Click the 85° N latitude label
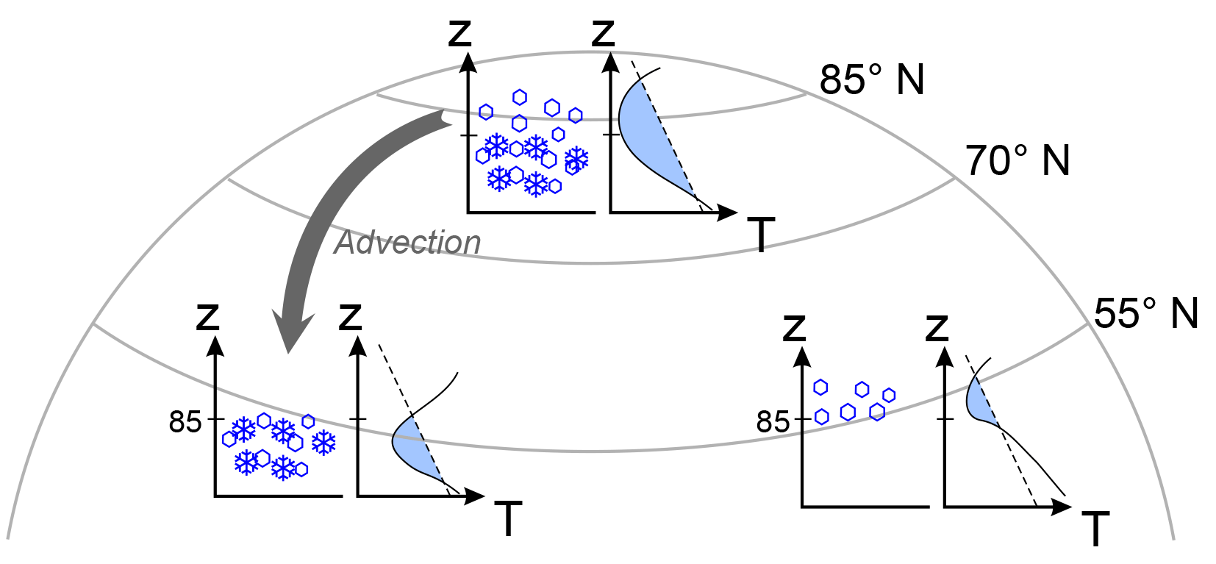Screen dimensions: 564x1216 [872, 79]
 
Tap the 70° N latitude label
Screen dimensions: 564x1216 [1017, 160]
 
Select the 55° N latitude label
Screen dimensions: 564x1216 [1145, 313]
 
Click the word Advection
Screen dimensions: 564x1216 [407, 243]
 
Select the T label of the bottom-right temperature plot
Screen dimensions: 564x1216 [1095, 529]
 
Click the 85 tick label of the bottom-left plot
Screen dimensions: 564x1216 [185, 422]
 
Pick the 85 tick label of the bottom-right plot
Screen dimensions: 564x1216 [772, 422]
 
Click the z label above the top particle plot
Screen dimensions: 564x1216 [459, 33]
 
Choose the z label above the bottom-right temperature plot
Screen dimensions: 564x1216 [937, 327]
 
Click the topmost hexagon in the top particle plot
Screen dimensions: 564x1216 [520, 97]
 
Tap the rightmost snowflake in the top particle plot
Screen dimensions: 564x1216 [576, 159]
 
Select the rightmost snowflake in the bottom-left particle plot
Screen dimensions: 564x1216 [323, 443]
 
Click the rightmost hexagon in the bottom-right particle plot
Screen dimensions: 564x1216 [889, 396]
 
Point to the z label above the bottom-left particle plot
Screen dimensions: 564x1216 [208, 317]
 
